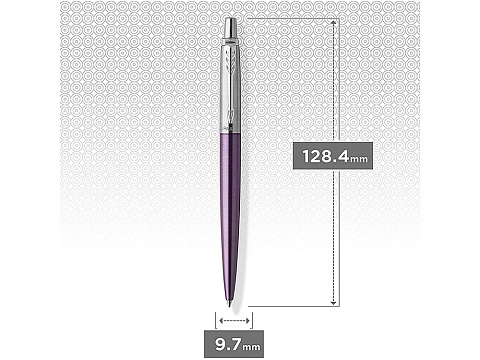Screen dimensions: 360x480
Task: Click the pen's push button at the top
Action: pos(230,27)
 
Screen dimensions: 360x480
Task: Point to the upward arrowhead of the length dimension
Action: pos(335,21)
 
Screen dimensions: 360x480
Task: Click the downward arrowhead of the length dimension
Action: pos(335,301)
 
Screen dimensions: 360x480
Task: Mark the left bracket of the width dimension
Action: pos(214,319)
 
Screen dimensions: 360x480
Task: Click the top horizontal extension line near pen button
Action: pos(290,17)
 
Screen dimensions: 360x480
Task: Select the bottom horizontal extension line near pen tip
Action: pos(290,305)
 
